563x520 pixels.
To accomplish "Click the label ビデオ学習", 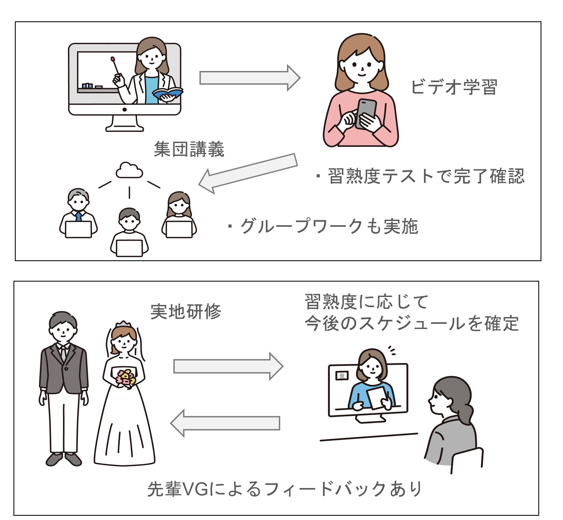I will tap(454, 87).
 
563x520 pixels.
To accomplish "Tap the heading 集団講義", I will tap(189, 149).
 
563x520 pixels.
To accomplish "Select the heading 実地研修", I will tap(186, 312).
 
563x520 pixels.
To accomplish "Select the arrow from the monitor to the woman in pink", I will tap(250, 78).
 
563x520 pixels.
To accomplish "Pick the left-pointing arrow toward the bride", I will tap(225, 423).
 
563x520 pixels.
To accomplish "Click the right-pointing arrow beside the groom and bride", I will tap(228, 366).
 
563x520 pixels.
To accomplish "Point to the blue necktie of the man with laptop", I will tap(79, 216).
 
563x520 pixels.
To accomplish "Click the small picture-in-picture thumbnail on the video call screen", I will tap(342, 375).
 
